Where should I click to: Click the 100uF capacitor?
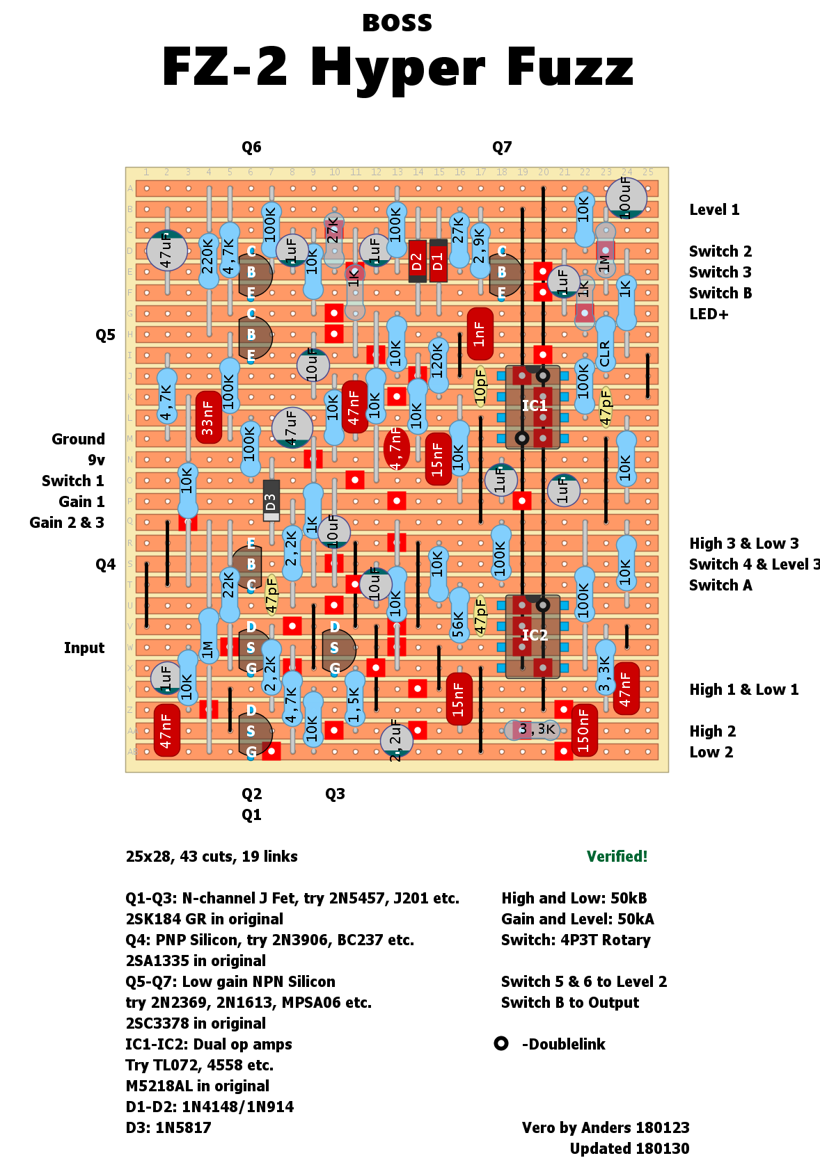626,198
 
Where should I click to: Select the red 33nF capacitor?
208,417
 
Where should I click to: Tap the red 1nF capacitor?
480,334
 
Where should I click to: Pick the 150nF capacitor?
583,730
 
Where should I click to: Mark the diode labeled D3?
271,501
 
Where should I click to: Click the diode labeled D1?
438,261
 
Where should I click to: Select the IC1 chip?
533,407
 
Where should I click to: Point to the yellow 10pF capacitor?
480,386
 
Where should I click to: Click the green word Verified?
617,856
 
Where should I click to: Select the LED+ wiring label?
709,314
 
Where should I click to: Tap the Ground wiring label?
78,439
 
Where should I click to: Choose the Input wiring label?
84,648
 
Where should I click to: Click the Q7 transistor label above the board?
502,147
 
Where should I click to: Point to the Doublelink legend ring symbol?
501,1043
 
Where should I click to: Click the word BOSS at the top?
397,23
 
